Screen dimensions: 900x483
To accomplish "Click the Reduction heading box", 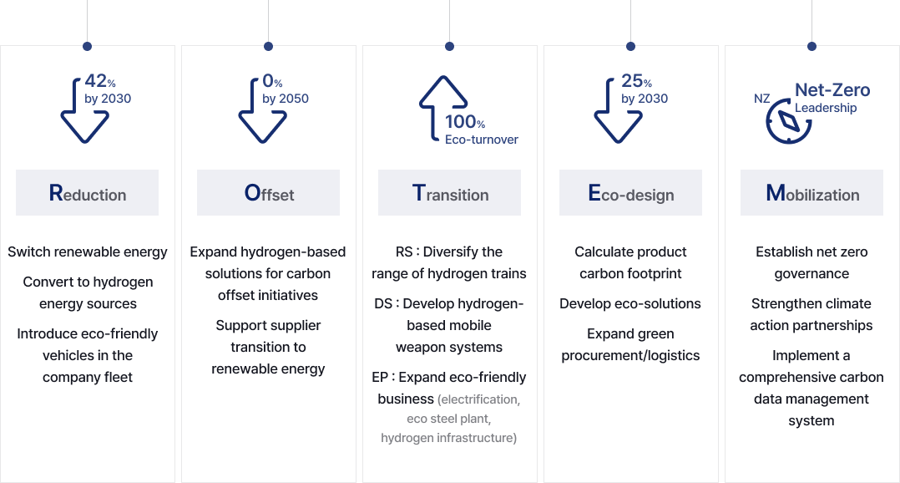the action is click(87, 192).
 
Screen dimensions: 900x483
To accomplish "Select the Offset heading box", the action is click(268, 192).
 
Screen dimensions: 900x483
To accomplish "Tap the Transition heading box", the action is click(449, 192).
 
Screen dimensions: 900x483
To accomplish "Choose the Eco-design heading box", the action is click(631, 192).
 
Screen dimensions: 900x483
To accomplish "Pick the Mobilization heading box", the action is click(812, 192).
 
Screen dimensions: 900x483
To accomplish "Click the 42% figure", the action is click(100, 81).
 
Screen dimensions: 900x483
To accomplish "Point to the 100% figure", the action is click(465, 122).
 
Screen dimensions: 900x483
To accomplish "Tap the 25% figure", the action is click(636, 81).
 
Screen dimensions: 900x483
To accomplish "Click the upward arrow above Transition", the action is click(442, 107).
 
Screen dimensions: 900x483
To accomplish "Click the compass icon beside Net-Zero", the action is click(788, 121).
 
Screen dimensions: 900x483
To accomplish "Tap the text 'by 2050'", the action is click(286, 99).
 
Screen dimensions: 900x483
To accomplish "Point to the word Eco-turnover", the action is click(482, 140).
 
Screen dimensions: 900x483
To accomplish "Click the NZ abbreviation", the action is click(761, 99).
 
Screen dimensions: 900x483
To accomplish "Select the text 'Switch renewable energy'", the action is click(87, 252).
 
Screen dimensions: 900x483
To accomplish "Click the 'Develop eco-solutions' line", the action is click(630, 304).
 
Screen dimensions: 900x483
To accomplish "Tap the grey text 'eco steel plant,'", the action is click(449, 419).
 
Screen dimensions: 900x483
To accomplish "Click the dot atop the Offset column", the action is click(268, 46).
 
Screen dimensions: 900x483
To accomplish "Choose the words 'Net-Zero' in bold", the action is click(832, 90).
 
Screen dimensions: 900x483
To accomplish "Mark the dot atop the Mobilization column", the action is click(812, 46).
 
